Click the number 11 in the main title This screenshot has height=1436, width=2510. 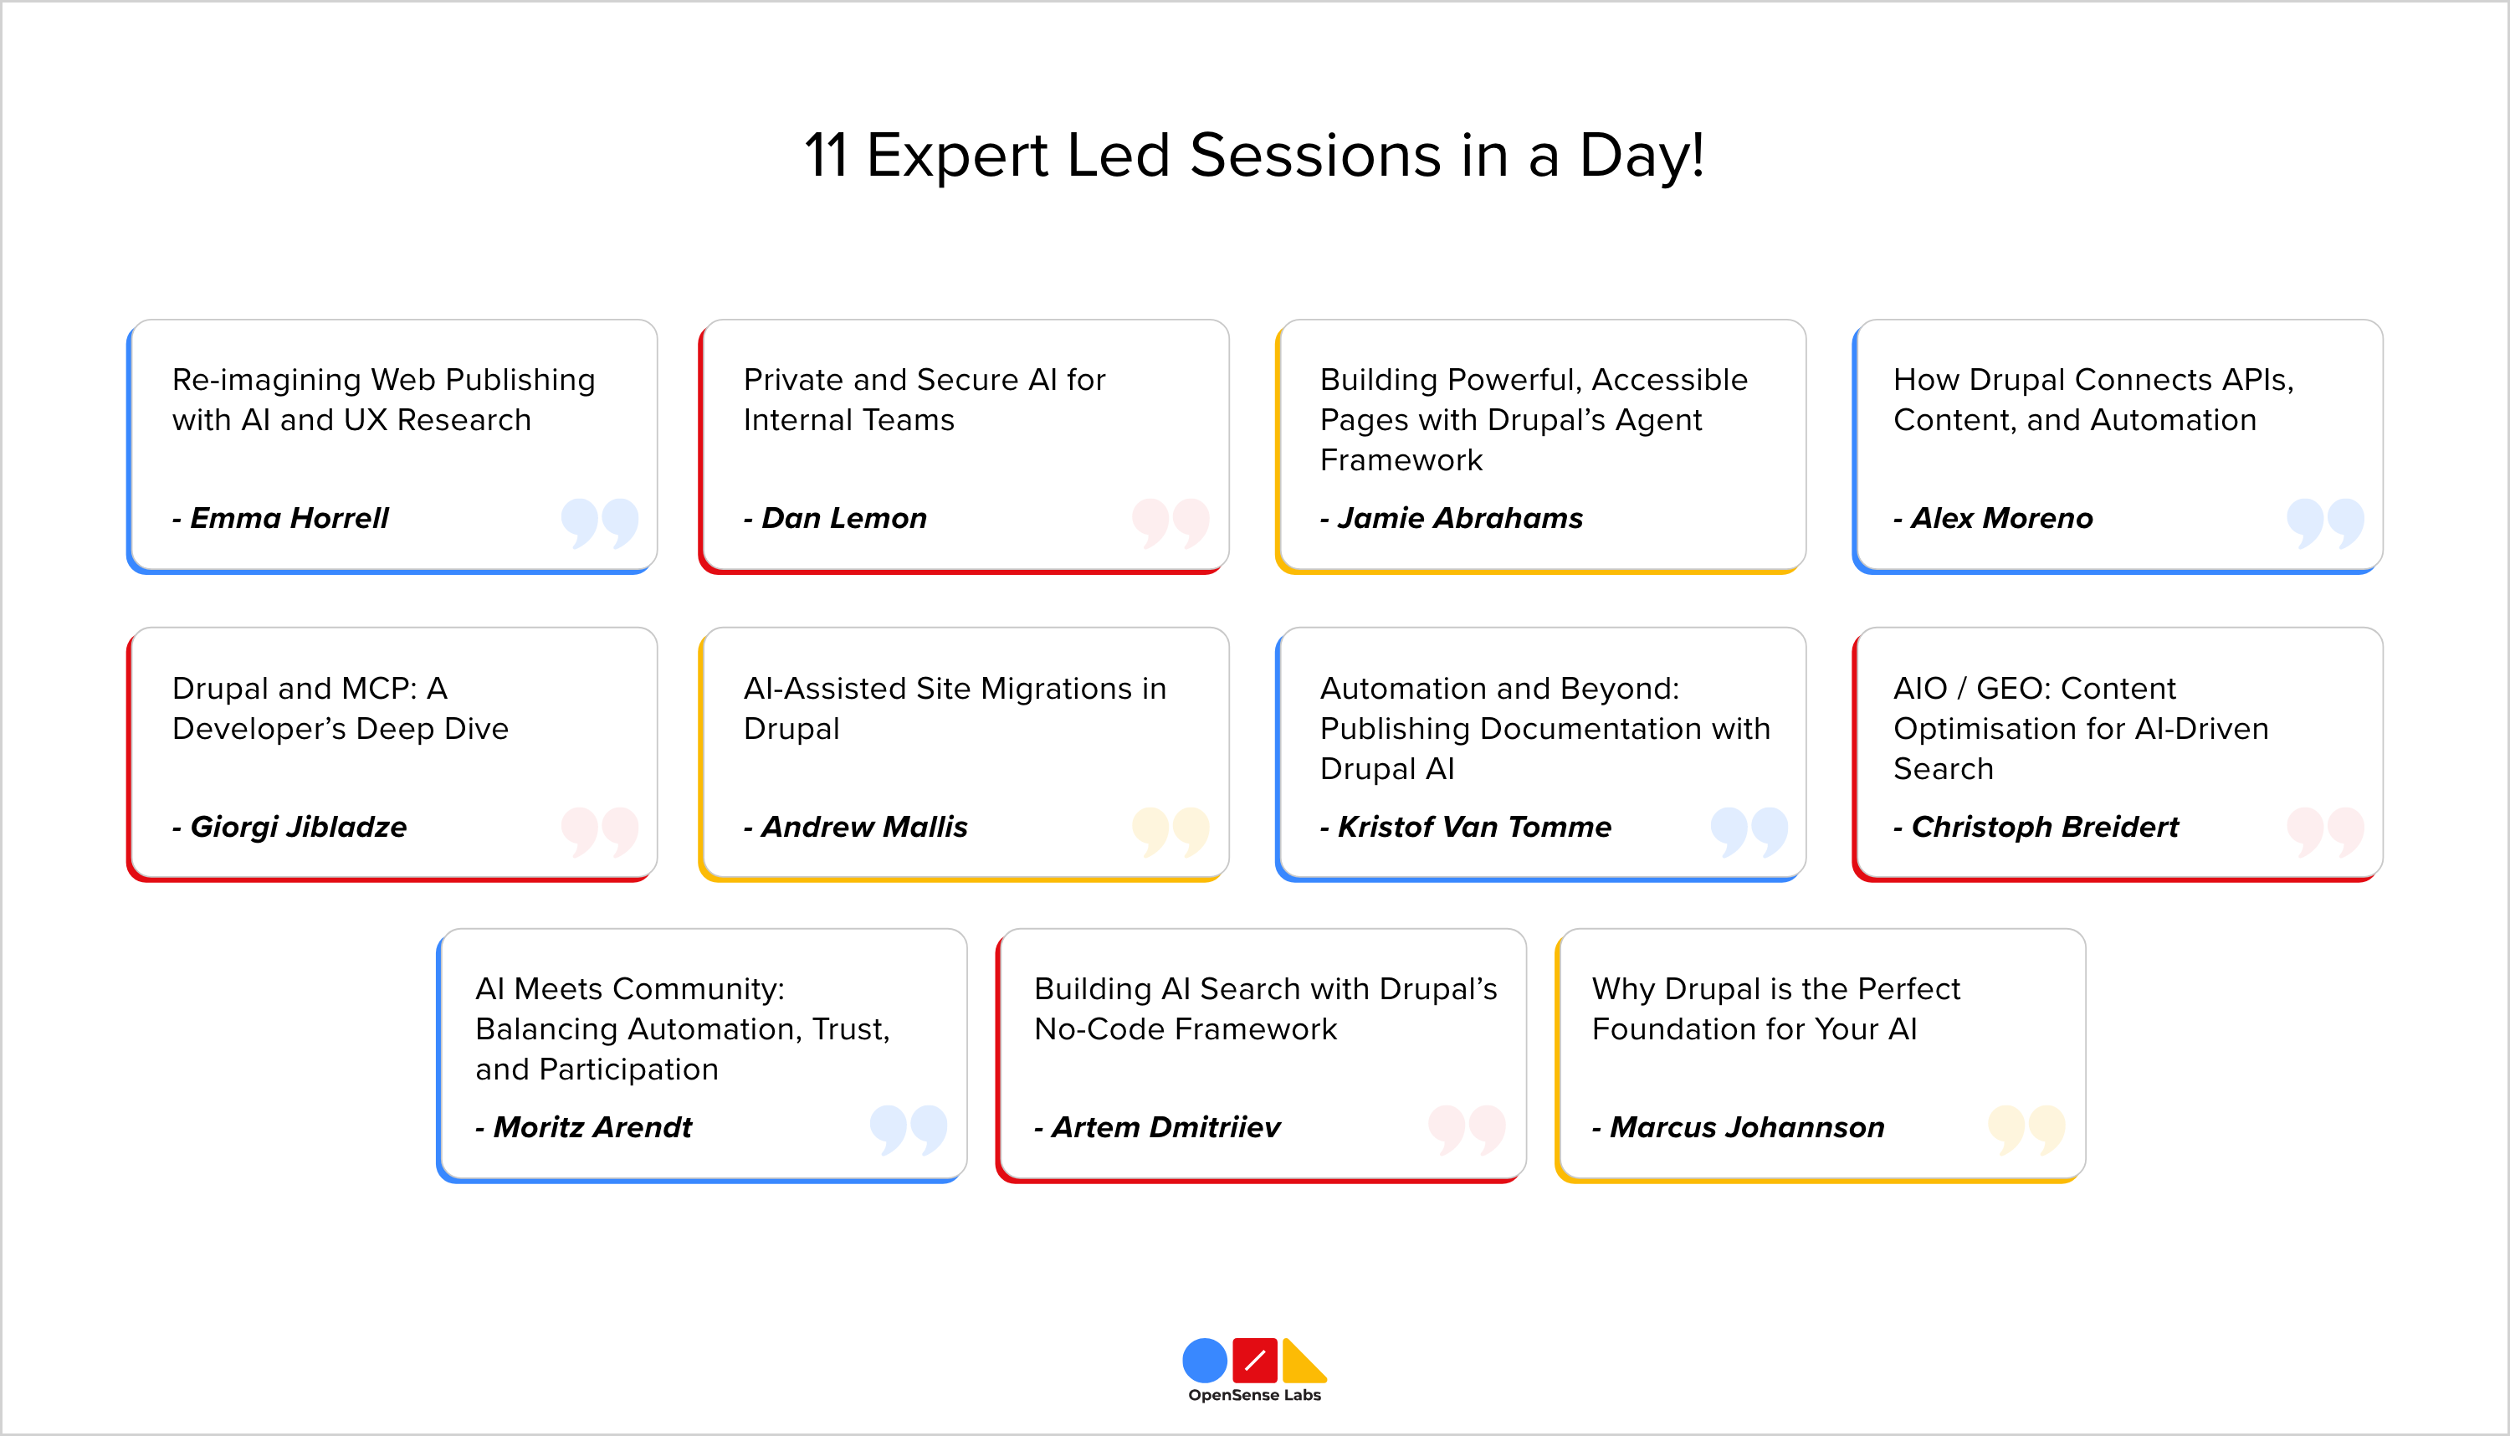point(826,156)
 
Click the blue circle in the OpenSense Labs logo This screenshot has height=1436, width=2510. point(1204,1361)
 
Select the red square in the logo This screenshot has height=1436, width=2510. point(1254,1361)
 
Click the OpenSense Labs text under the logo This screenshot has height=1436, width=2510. point(1254,1394)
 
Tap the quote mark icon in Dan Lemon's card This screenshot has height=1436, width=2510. point(1170,523)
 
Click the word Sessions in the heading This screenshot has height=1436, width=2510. point(1315,156)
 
